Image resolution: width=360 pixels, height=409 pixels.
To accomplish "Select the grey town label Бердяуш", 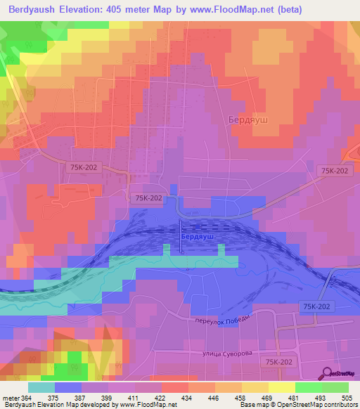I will coord(249,120).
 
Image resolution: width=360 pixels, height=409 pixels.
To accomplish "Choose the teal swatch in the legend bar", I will coord(41,387).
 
